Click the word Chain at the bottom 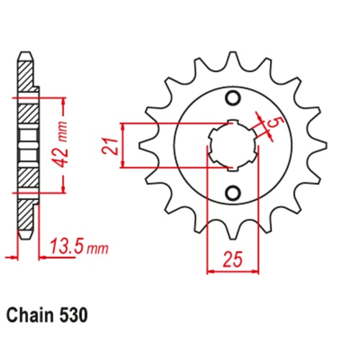[31, 315]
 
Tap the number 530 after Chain [74, 315]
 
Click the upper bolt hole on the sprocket [232, 99]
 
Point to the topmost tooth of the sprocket [232, 58]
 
